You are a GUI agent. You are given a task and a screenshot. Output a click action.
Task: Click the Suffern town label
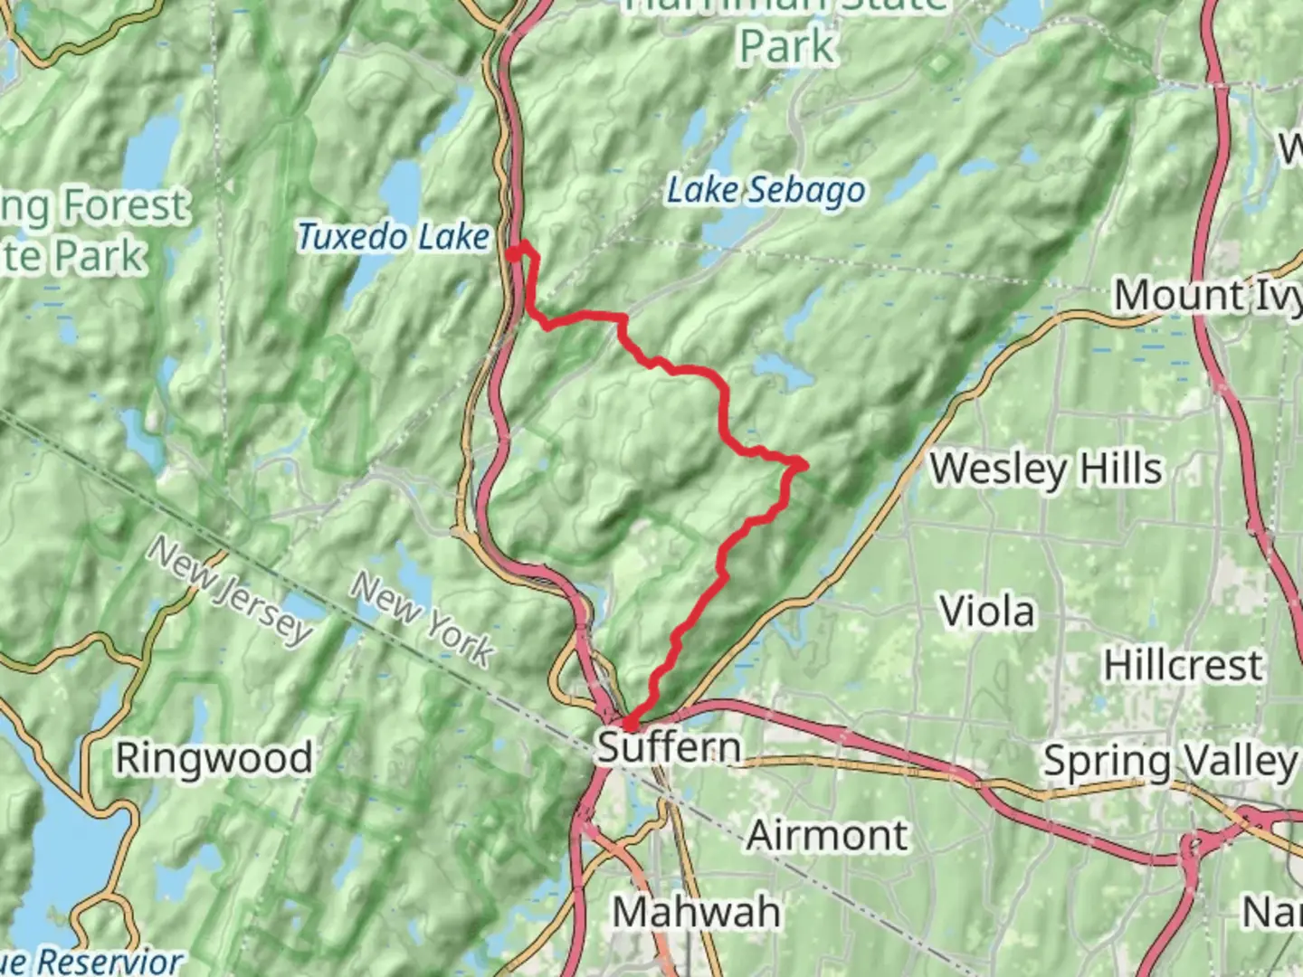click(669, 748)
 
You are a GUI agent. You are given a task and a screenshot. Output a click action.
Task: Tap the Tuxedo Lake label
click(394, 237)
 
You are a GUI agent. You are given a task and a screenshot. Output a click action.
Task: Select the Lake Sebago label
click(766, 191)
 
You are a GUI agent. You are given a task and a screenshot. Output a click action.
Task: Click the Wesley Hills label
click(1046, 470)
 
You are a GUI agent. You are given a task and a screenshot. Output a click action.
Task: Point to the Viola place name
click(987, 612)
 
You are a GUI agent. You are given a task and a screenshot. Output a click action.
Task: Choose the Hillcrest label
click(1183, 667)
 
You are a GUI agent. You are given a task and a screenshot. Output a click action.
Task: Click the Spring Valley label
click(1171, 762)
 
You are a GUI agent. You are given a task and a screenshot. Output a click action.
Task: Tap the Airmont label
click(827, 835)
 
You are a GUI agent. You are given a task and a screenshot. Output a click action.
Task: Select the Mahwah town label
click(696, 911)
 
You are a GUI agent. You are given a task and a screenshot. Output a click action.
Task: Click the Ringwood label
click(214, 758)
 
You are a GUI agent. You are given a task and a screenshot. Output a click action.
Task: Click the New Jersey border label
click(230, 591)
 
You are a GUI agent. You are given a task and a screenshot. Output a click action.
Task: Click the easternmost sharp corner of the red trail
click(803, 465)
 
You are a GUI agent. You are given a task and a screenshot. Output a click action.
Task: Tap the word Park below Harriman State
click(786, 47)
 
